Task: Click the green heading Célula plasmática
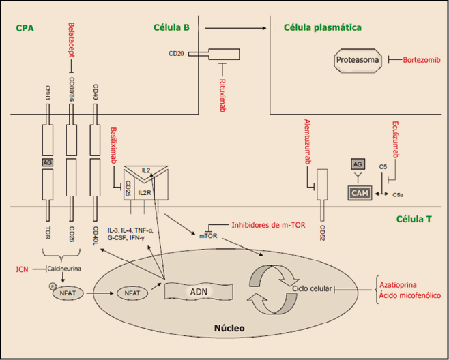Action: click(x=321, y=27)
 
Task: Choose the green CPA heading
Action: click(x=25, y=29)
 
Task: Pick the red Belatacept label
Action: click(x=71, y=40)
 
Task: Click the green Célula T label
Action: click(x=416, y=220)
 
